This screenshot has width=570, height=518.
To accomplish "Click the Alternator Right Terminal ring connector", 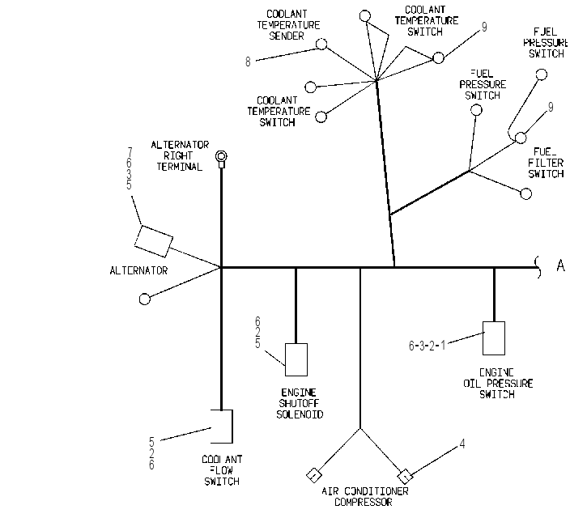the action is click(221, 157).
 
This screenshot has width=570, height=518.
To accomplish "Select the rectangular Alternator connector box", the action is click(154, 241).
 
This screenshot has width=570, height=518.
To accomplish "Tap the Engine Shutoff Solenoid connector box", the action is click(296, 359).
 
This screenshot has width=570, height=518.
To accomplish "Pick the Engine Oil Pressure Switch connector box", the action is click(494, 338).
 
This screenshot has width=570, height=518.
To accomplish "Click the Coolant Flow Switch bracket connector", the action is click(232, 427).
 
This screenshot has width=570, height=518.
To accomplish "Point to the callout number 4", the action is click(462, 444).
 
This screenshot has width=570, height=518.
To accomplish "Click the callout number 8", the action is click(248, 62).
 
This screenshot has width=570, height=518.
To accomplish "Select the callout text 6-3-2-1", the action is click(427, 346).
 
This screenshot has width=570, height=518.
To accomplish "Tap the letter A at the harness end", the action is click(560, 265).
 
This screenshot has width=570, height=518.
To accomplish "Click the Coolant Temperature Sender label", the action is click(288, 25).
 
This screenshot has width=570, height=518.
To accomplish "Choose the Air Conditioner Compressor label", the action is click(364, 497).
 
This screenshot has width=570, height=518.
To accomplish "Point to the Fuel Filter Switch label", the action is click(546, 163).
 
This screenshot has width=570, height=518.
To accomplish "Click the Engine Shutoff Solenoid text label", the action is click(300, 404).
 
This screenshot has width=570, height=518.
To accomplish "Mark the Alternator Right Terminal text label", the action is click(180, 156).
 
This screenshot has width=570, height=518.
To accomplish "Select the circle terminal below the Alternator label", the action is click(145, 299).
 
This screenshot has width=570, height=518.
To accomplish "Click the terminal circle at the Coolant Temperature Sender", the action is click(321, 44).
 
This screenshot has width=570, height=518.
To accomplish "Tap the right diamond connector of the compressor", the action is click(405, 476).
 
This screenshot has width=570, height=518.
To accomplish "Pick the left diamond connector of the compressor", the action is click(313, 475).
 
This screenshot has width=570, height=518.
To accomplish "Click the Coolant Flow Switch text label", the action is click(222, 470).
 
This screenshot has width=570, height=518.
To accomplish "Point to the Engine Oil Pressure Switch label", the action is click(498, 384).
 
